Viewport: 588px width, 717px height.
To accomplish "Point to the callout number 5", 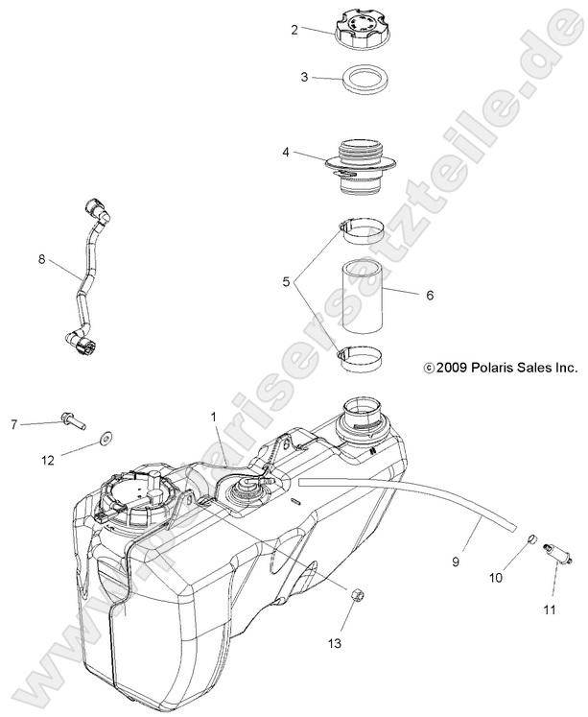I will tap(286, 283).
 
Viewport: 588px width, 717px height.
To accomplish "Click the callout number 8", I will tap(41, 257).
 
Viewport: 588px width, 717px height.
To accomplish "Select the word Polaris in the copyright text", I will tap(493, 367).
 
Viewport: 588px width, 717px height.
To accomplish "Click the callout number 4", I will tap(286, 152).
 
